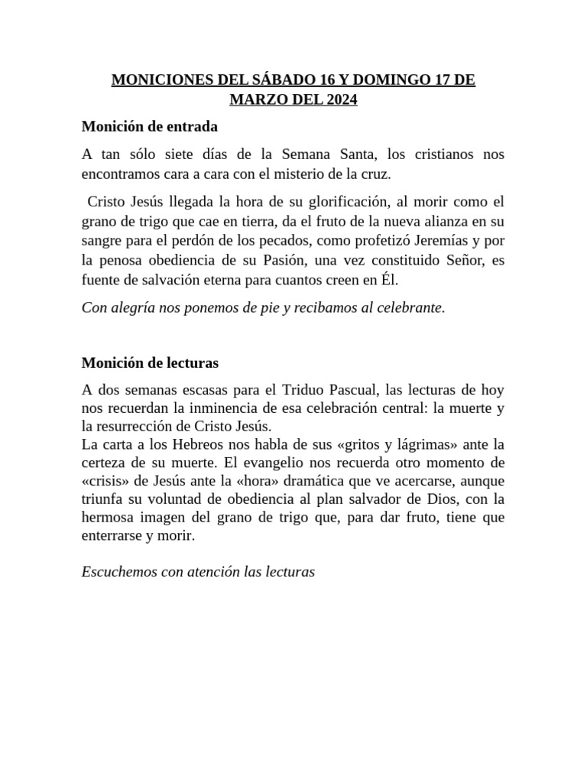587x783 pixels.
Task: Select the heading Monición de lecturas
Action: coord(150,362)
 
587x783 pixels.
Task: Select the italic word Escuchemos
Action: coord(118,571)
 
